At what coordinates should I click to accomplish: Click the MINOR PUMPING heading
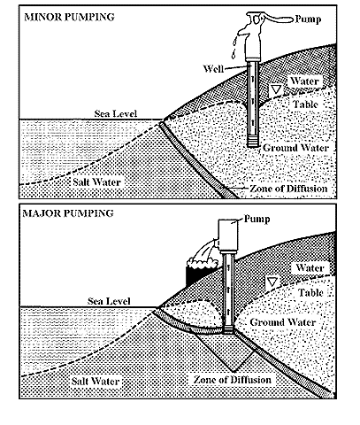(x=69, y=17)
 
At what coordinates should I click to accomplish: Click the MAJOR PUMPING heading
(x=68, y=213)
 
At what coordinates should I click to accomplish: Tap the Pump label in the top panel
(x=308, y=19)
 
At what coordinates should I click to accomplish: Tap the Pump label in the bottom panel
(x=257, y=219)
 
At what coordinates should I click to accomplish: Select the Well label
(x=213, y=69)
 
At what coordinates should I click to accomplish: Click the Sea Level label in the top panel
(x=116, y=113)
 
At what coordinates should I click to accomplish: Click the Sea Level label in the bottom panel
(x=109, y=301)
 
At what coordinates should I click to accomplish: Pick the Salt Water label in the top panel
(x=97, y=182)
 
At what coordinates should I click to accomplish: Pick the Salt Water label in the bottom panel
(x=96, y=381)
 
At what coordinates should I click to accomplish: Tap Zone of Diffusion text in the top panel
(x=288, y=189)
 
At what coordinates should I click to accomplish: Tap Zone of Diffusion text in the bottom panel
(x=233, y=380)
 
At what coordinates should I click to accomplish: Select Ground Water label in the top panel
(x=295, y=148)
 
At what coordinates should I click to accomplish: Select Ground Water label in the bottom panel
(x=283, y=322)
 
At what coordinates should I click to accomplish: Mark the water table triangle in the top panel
(x=276, y=89)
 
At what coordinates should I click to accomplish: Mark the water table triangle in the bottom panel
(x=272, y=282)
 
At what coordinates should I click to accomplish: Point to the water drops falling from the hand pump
(x=234, y=47)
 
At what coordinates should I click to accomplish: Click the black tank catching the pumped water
(x=197, y=272)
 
